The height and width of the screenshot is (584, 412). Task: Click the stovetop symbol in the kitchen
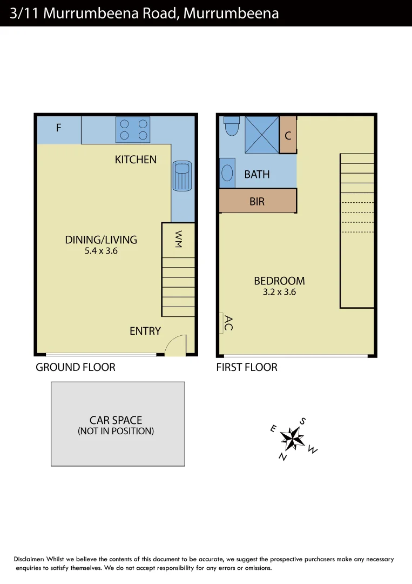coord(133,130)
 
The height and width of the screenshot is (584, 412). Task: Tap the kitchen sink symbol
coord(182,175)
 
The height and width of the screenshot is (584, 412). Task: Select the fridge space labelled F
coord(58,129)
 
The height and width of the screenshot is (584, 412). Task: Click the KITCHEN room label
coord(136,160)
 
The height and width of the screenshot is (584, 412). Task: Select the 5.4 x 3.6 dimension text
coord(101,251)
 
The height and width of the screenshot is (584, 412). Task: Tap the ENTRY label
coord(145,331)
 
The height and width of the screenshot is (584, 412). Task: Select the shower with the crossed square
coord(262,135)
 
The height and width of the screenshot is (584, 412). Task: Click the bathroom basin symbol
coord(227,173)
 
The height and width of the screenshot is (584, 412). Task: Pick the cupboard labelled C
coord(288,135)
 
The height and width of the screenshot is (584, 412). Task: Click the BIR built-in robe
coord(258,201)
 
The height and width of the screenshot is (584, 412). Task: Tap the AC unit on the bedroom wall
coord(221,323)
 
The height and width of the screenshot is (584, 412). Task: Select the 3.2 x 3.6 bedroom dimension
coord(279,292)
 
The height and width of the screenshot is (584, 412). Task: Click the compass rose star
coord(293,438)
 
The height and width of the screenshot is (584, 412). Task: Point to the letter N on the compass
coord(282,457)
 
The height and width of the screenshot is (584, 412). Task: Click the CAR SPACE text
coord(116,420)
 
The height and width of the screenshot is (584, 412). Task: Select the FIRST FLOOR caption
coord(247,368)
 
